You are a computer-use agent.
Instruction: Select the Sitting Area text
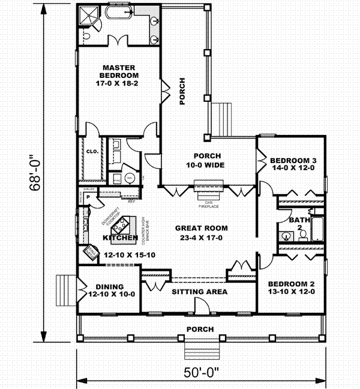(x=199, y=292)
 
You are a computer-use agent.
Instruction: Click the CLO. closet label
(x=92, y=152)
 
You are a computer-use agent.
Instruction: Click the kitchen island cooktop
(x=122, y=226)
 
